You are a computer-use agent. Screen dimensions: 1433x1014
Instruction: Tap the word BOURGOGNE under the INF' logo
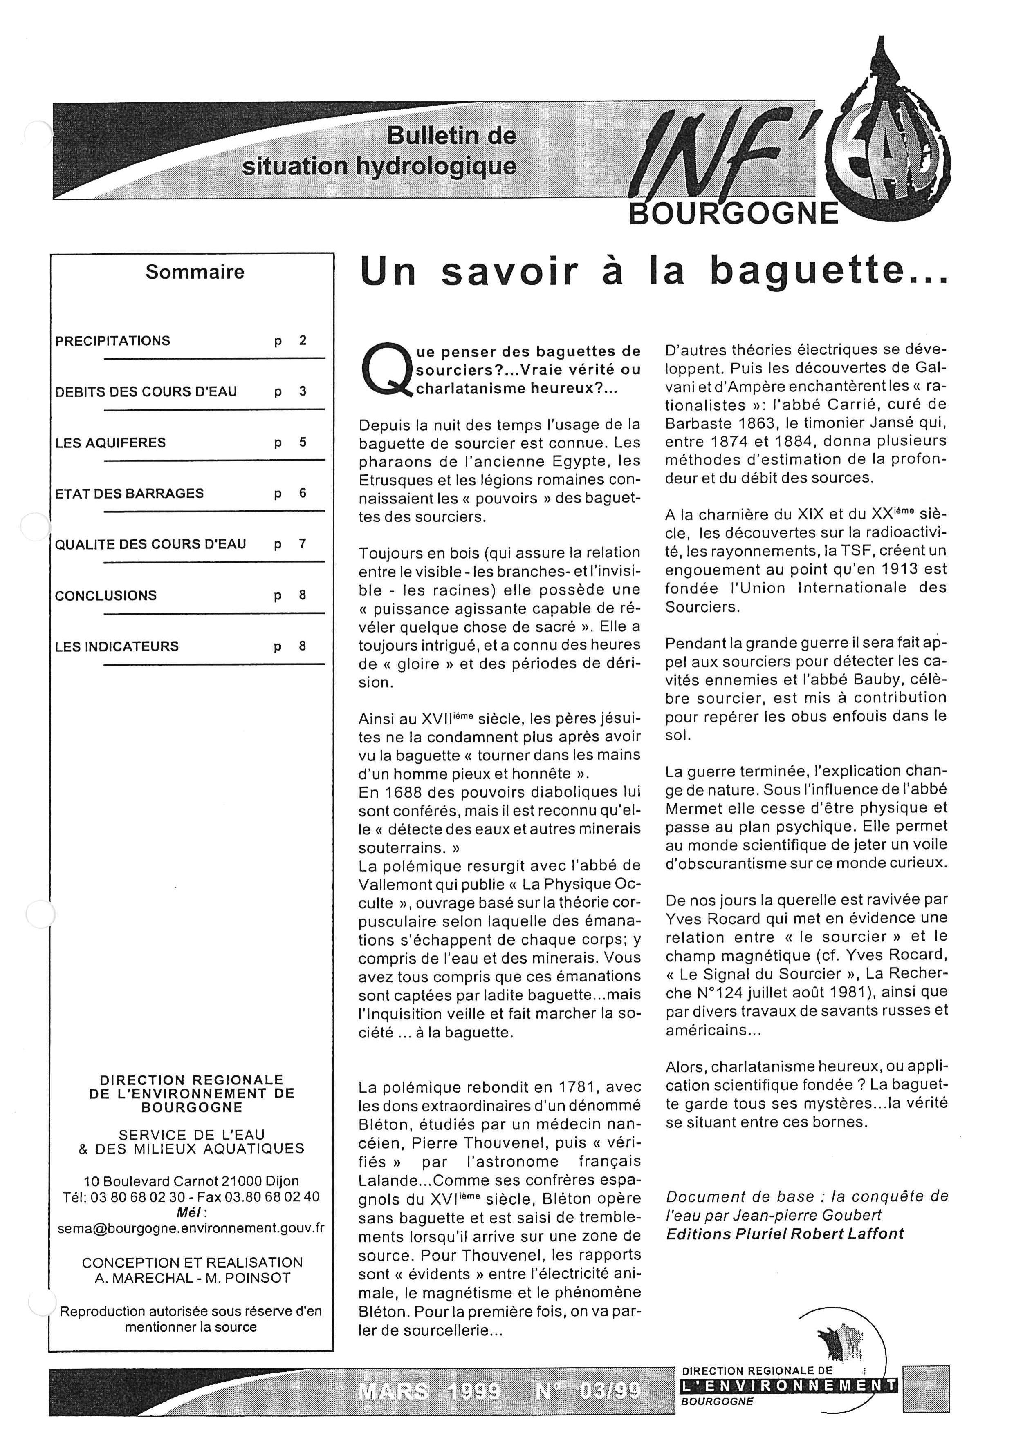click(733, 214)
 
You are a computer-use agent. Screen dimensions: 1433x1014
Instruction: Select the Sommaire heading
click(195, 272)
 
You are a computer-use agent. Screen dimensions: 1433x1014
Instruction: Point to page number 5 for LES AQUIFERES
click(303, 443)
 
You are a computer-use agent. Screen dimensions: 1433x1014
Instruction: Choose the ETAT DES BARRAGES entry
click(129, 494)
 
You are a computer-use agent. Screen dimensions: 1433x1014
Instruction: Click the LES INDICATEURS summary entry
click(117, 646)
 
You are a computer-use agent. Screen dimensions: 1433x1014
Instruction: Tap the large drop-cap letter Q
click(383, 369)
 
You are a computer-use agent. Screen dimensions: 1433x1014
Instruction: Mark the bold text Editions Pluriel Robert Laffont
click(785, 1234)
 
